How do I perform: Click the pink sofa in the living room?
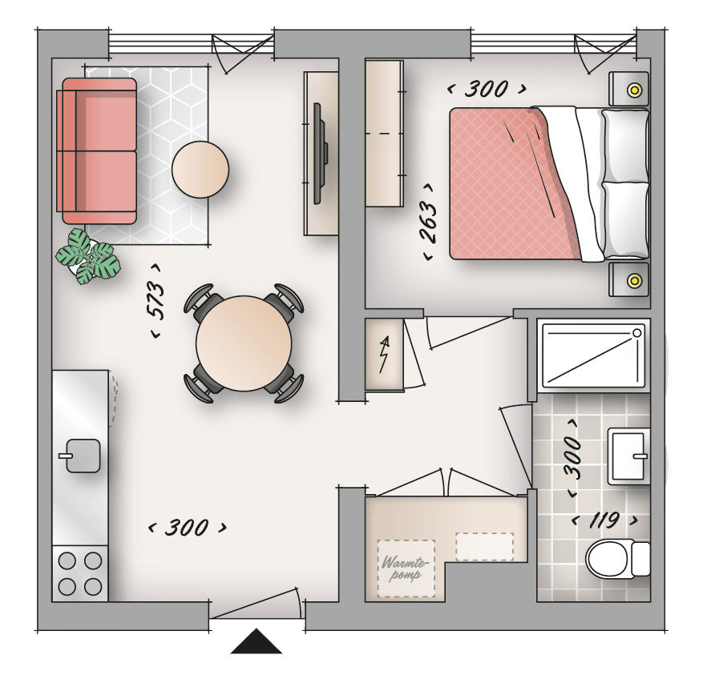point(97,151)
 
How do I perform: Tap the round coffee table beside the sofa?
point(200,170)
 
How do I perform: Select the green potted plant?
point(88,256)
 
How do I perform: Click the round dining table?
point(244,343)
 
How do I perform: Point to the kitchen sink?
point(82,456)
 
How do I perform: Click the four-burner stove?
point(80,573)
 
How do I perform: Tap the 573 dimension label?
point(156,301)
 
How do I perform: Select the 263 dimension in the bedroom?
point(429,222)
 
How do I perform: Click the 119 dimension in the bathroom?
point(604,520)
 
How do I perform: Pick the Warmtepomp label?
point(406,568)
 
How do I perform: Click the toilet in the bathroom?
point(618,559)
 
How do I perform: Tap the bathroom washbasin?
point(628,456)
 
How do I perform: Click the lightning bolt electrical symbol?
point(385,354)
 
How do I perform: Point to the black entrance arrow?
point(257,641)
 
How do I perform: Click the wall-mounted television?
point(320,154)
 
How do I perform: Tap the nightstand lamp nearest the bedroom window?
point(633,90)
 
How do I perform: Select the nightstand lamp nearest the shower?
point(633,279)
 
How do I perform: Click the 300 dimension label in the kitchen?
point(188,528)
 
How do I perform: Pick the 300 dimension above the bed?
point(487,89)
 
